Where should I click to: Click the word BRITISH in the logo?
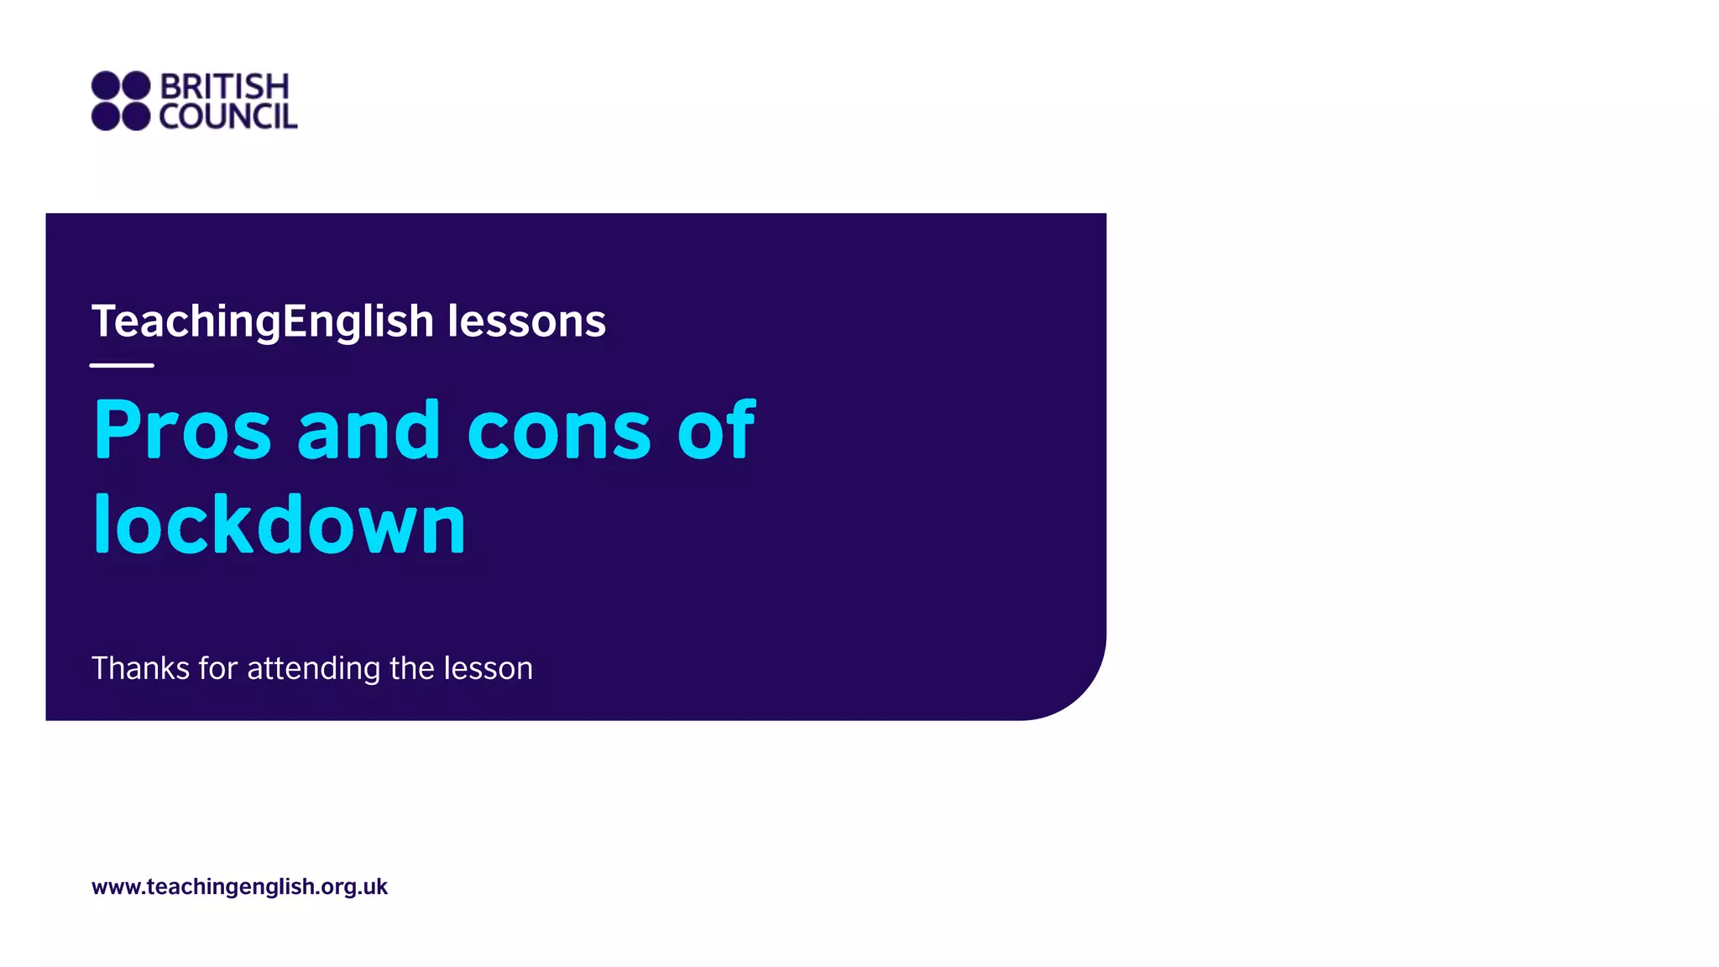tap(224, 86)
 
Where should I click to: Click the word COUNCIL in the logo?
tap(228, 117)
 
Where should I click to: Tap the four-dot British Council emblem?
tap(121, 101)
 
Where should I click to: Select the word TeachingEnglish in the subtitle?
tap(263, 321)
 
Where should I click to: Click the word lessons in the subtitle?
tap(526, 321)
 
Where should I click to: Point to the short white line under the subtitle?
tap(122, 365)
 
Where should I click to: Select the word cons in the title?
tap(559, 431)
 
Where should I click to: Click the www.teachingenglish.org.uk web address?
tap(239, 886)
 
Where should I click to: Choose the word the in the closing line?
tap(411, 668)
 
